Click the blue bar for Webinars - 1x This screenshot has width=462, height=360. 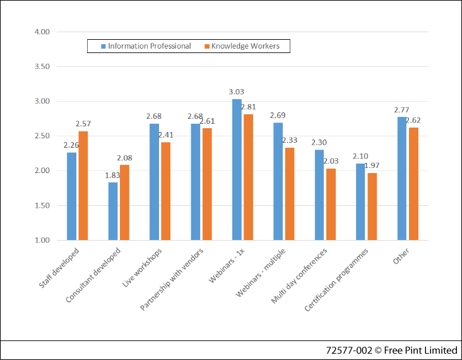[237, 169]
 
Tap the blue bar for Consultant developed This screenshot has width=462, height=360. [113, 211]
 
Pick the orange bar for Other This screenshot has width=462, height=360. [413, 183]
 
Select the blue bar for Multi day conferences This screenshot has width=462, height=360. [319, 195]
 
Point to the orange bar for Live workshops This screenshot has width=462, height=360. [165, 191]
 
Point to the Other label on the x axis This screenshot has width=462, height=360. [400, 256]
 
